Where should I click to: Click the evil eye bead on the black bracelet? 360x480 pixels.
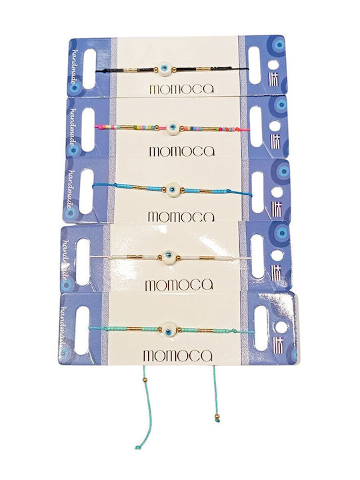click(x=166, y=68)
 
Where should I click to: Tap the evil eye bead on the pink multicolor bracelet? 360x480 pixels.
click(x=173, y=127)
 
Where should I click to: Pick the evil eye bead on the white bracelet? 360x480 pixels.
click(x=167, y=255)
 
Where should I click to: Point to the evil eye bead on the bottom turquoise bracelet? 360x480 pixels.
click(x=169, y=329)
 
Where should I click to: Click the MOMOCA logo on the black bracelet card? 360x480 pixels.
click(x=181, y=89)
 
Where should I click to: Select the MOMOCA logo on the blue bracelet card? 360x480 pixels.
click(x=181, y=217)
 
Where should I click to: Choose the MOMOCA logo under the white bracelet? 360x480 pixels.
click(x=179, y=285)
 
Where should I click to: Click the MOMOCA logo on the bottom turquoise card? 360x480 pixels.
click(x=177, y=356)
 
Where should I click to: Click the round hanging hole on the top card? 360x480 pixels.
click(x=273, y=65)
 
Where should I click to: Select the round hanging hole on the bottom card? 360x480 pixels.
click(x=281, y=328)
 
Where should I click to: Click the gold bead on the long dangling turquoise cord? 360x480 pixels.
click(x=145, y=380)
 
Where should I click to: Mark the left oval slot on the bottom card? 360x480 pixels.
click(x=81, y=330)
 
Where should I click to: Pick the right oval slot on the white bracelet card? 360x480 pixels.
click(x=258, y=257)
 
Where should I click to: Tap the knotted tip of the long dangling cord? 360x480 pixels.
click(x=137, y=447)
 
